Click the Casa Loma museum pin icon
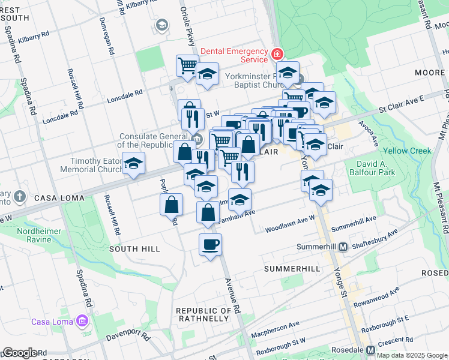click(x=82, y=321)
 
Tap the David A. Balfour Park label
click(x=384, y=168)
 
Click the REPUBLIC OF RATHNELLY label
click(x=204, y=314)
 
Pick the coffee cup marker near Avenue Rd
click(x=209, y=245)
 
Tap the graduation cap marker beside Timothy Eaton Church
click(x=133, y=163)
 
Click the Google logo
click(x=20, y=353)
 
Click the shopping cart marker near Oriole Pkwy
click(x=187, y=65)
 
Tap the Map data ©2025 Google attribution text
click(x=412, y=355)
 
